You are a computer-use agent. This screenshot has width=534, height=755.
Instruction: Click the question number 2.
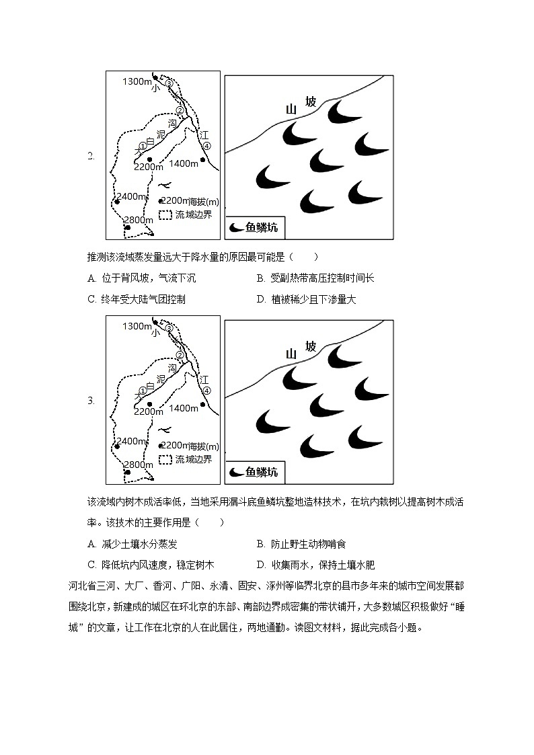pyautogui.click(x=91, y=157)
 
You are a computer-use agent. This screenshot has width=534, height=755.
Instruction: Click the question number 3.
pyautogui.click(x=91, y=401)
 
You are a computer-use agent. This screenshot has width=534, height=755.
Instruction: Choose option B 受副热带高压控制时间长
pyautogui.click(x=315, y=278)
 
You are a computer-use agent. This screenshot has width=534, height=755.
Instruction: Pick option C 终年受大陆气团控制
pyautogui.click(x=137, y=300)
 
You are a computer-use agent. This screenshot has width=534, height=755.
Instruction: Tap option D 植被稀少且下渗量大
pyautogui.click(x=306, y=300)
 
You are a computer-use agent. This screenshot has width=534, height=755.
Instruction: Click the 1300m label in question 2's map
pyautogui.click(x=137, y=81)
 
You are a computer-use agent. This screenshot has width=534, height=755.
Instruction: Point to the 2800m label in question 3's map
pyautogui.click(x=139, y=465)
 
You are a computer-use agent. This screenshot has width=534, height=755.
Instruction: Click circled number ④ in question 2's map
pyautogui.click(x=206, y=146)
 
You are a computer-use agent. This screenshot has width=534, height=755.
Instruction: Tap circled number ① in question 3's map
pyautogui.click(x=143, y=391)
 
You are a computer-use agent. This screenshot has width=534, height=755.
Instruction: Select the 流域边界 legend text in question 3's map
pyautogui.click(x=193, y=459)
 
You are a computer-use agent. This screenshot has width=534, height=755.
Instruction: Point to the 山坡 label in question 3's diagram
pyautogui.click(x=301, y=350)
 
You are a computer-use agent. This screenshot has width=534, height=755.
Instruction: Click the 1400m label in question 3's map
pyautogui.click(x=184, y=408)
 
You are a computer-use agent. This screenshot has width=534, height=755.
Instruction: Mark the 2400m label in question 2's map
pyautogui.click(x=131, y=196)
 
